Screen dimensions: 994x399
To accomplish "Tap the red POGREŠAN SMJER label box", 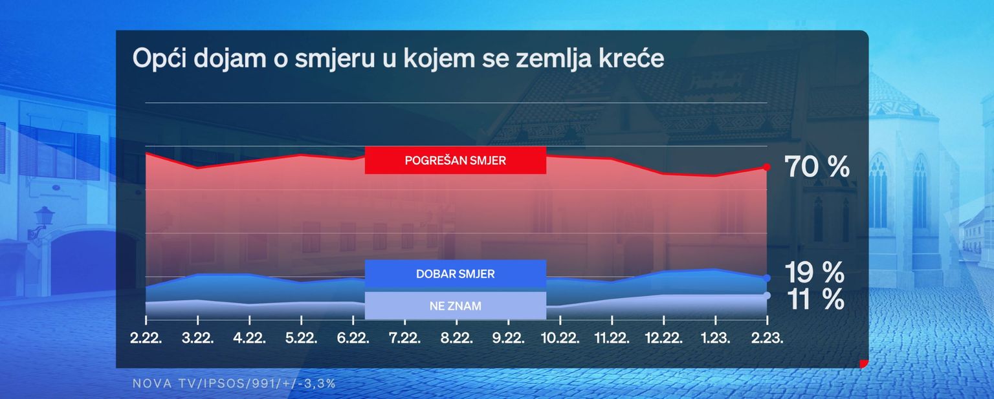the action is (x=456, y=160).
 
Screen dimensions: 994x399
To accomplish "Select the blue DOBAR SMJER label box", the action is (x=456, y=274).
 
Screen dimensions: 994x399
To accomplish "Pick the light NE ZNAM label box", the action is (x=456, y=305).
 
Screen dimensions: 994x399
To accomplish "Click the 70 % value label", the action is (x=817, y=167).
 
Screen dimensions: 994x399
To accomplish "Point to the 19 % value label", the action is (x=815, y=272).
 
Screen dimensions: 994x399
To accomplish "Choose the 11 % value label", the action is (x=815, y=299).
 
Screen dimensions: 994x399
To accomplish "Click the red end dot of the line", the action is (x=767, y=167).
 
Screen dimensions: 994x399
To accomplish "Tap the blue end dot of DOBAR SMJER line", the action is (x=767, y=278).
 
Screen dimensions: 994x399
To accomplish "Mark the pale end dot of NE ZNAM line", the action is (x=767, y=296).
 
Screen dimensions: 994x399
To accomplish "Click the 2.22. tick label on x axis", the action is (x=146, y=338).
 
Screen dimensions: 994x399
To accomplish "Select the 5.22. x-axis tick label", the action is (x=302, y=338).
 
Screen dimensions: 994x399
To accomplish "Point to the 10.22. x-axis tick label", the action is (x=560, y=338).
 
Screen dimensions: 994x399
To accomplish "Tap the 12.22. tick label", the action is (x=664, y=338).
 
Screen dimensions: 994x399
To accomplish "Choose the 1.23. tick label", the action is (x=715, y=338).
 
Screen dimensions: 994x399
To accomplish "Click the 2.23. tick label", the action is (x=768, y=338).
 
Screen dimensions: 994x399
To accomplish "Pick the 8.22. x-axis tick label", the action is (x=457, y=338).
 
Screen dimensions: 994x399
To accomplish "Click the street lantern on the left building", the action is (x=43, y=218).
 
